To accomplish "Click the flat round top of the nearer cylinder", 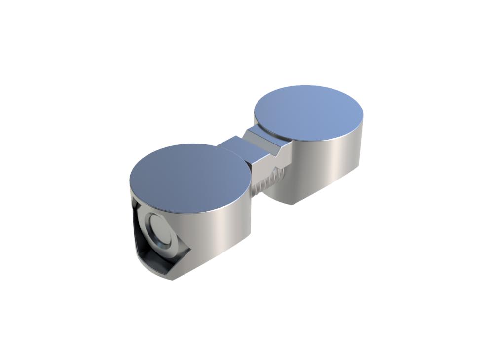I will (190, 170).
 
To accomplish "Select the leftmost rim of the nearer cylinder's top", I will (130, 180).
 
